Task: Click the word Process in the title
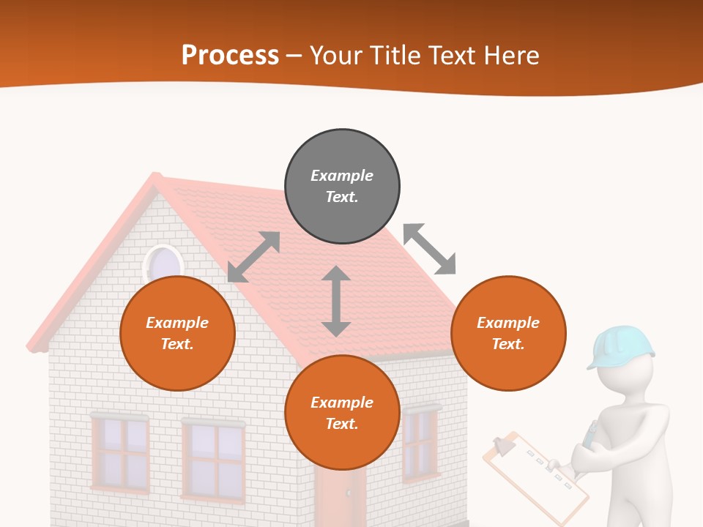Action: pyautogui.click(x=230, y=56)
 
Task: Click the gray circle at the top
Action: pyautogui.click(x=342, y=187)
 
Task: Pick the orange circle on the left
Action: pyautogui.click(x=177, y=333)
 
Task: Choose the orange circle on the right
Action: pyautogui.click(x=508, y=333)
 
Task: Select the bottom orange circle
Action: pyautogui.click(x=342, y=413)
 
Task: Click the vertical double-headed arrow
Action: pyautogui.click(x=336, y=301)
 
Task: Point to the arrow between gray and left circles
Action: pyautogui.click(x=253, y=257)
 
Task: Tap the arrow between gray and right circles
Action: pyautogui.click(x=430, y=249)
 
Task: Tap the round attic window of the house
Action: pyautogui.click(x=164, y=263)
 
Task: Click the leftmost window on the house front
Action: pyautogui.click(x=120, y=452)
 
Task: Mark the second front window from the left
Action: pyautogui.click(x=213, y=460)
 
